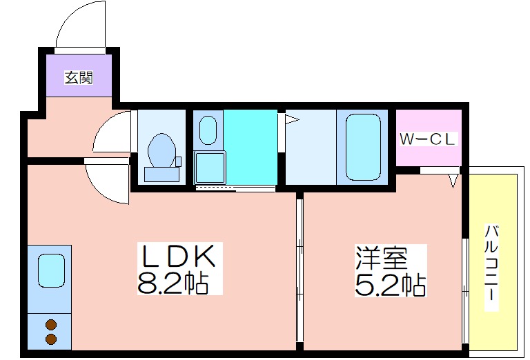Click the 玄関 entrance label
[x=79, y=78]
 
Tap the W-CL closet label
[x=428, y=139]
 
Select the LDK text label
[x=179, y=256]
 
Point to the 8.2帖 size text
[x=173, y=282]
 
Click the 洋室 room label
[x=381, y=259]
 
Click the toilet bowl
[x=162, y=150]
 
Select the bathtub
[x=363, y=147]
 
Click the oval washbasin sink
[x=208, y=130]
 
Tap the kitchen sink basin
[x=51, y=271]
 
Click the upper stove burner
[x=51, y=325]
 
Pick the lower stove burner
[x=51, y=339]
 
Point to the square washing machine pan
[x=210, y=168]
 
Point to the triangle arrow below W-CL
[x=453, y=181]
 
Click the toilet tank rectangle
[x=162, y=174]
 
